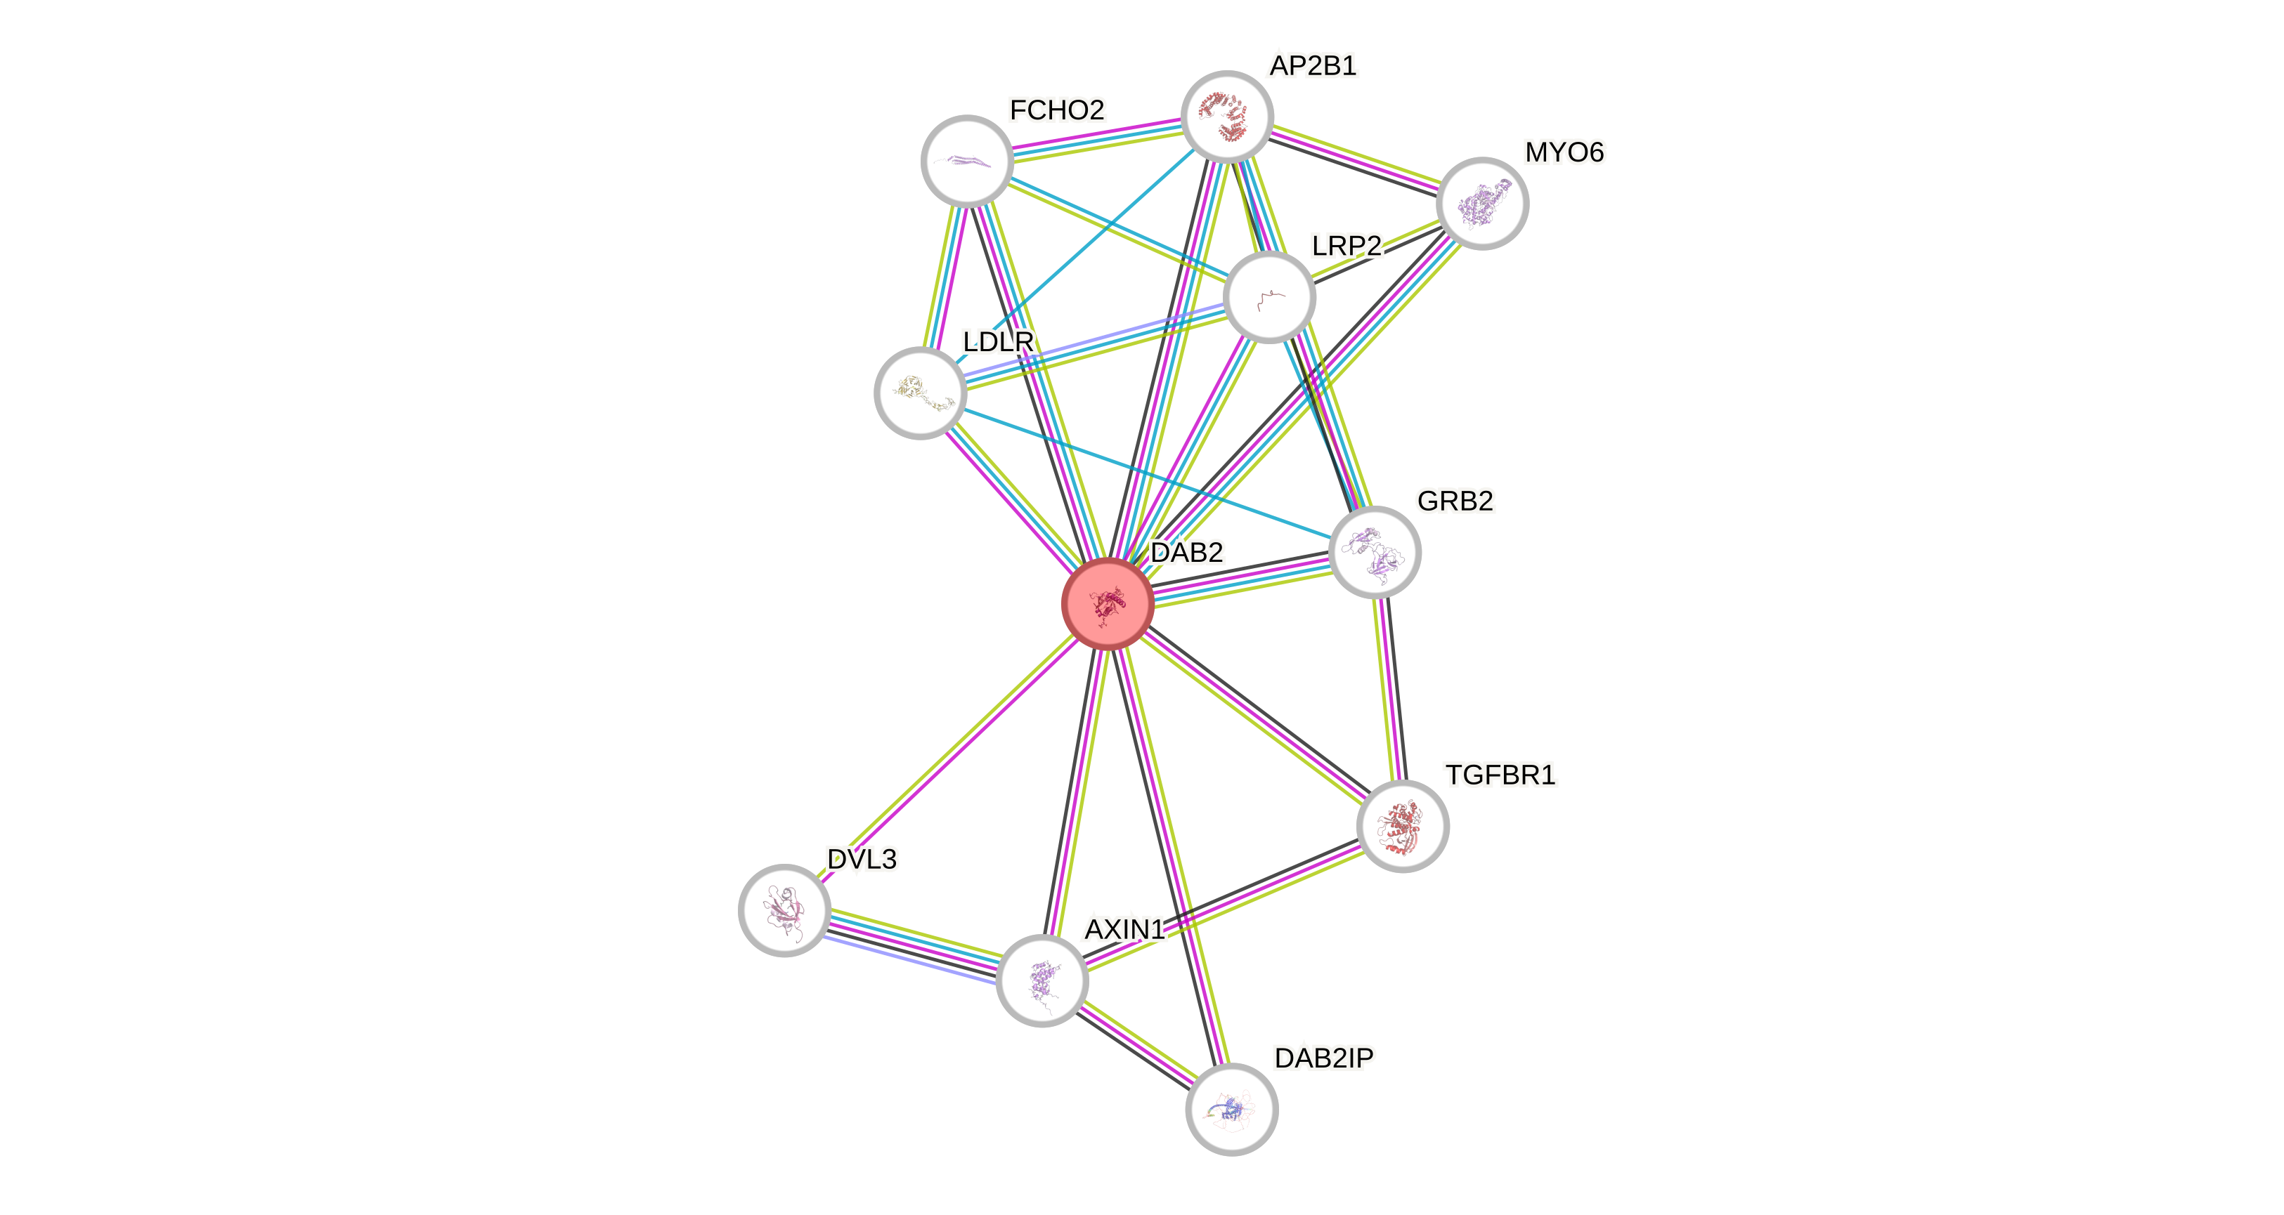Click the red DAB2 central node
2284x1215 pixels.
1108,603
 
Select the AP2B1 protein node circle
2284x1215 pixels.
1227,116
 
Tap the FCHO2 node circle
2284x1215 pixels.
966,160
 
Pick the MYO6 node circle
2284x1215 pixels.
1481,203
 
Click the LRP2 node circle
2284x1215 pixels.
1268,297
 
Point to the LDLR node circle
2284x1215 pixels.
919,393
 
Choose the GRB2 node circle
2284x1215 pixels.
1375,552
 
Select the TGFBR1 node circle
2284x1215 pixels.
1402,826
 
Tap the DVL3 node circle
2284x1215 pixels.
784,909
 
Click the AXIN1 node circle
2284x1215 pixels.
1041,980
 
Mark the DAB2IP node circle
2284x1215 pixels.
1231,1109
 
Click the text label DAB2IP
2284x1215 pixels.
1323,1057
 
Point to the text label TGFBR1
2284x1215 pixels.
1499,775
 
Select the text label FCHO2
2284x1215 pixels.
1056,110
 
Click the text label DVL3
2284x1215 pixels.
861,859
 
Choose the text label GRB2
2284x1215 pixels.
1454,501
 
